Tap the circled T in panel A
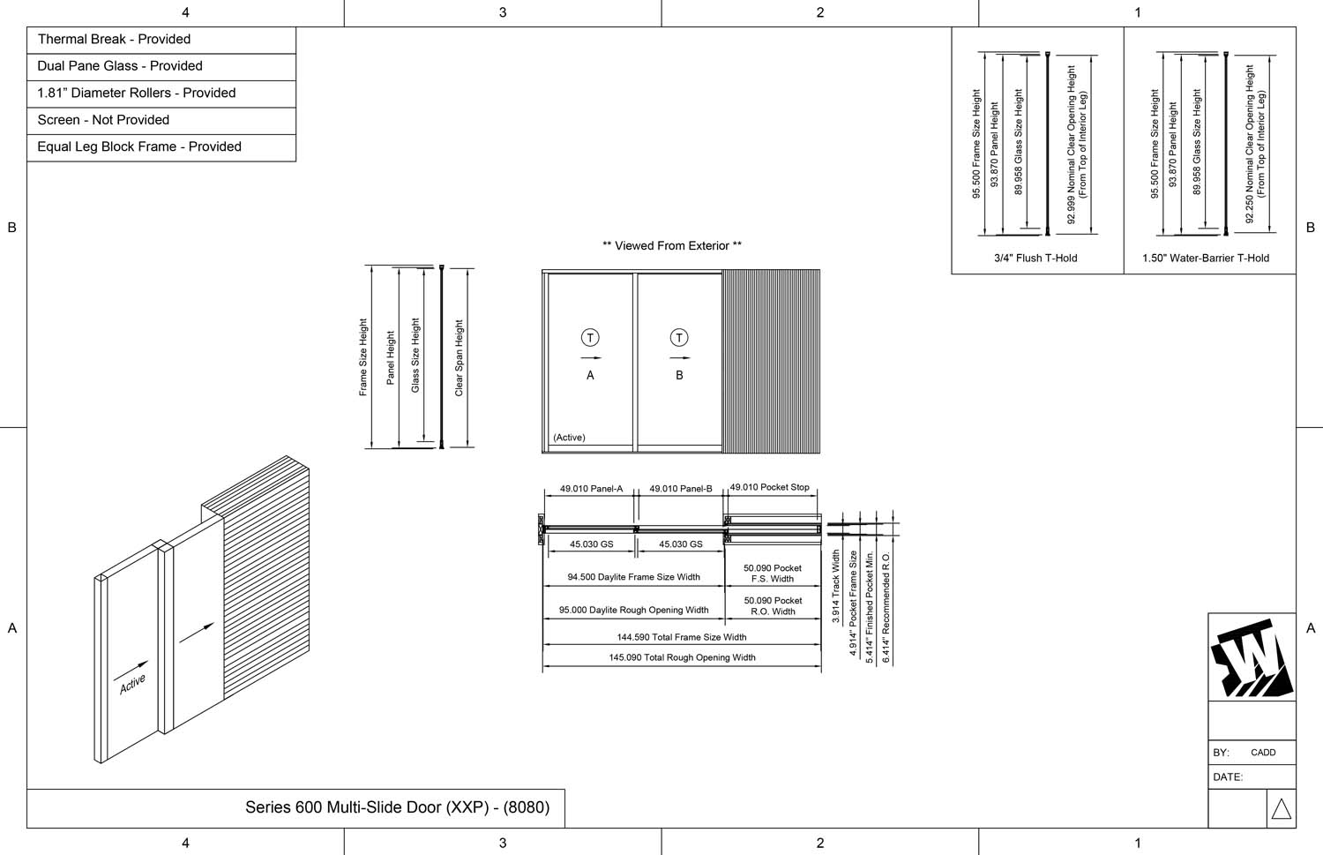coord(590,338)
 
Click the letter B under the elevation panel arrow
coord(679,375)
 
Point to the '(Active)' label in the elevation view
coord(569,438)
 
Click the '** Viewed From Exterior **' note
coord(671,246)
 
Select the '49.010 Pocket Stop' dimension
coord(769,487)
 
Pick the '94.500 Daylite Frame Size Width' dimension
coord(633,577)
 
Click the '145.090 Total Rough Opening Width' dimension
coord(682,657)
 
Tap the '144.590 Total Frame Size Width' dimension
coord(682,637)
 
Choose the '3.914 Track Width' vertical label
coord(836,587)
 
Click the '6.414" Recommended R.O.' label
coord(886,608)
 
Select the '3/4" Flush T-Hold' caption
coord(1035,259)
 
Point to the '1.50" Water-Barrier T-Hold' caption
coord(1206,259)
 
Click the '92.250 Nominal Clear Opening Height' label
coord(1250,144)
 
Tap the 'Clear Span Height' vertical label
coord(459,358)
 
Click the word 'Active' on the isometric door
coord(132,684)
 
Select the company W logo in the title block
coord(1252,658)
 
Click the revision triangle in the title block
coord(1282,809)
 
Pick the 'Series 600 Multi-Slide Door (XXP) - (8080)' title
coord(397,807)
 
